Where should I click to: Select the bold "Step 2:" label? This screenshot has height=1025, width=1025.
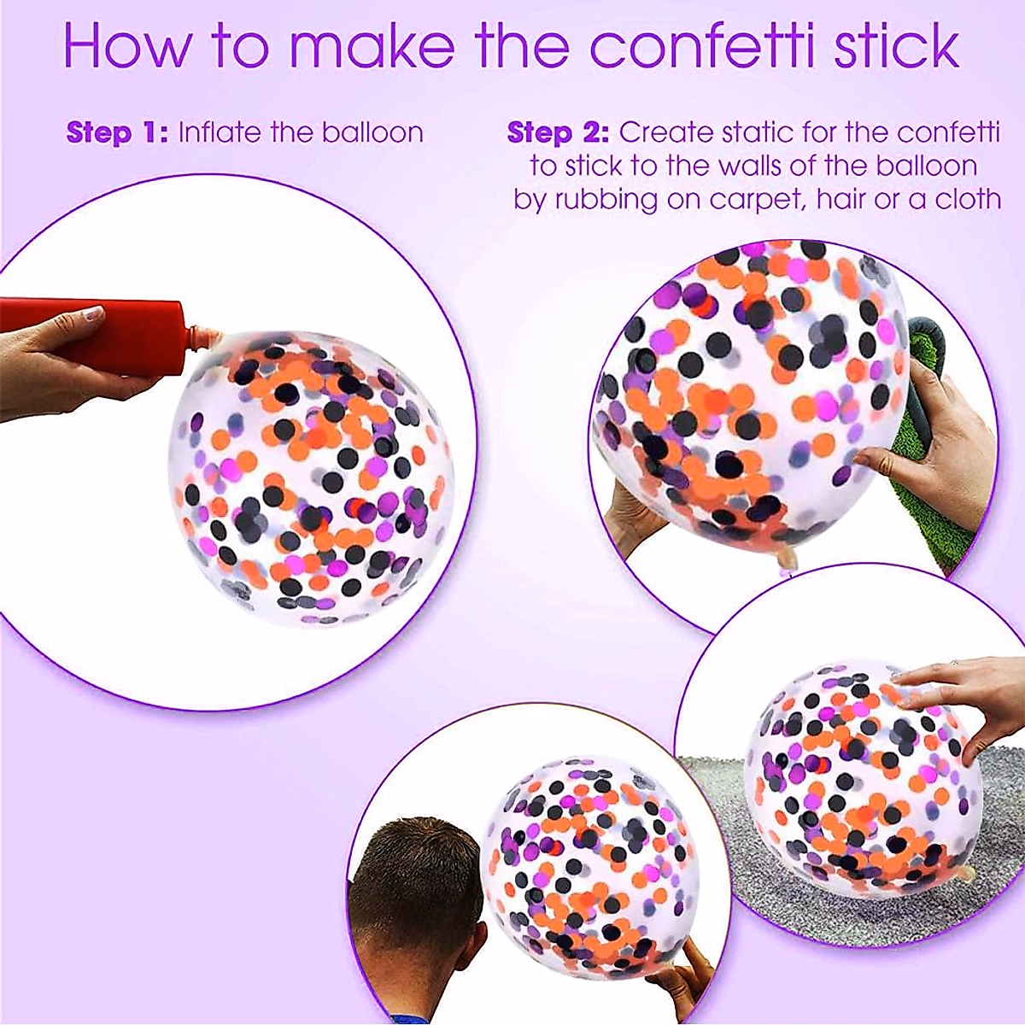[x=558, y=133]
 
